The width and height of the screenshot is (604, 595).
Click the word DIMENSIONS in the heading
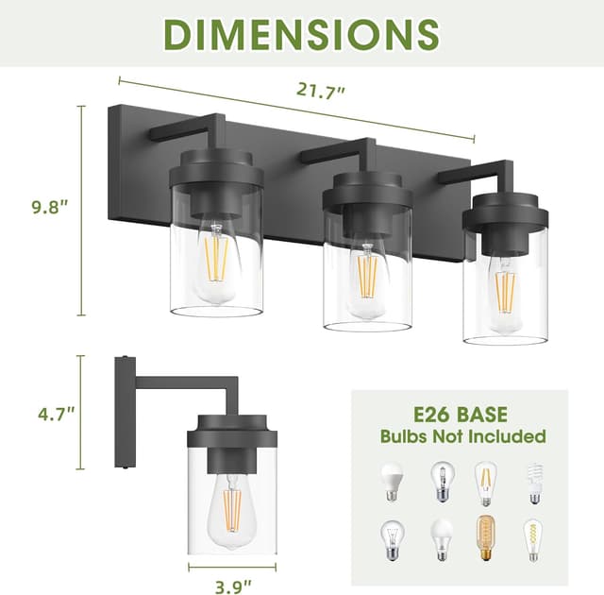point(301,34)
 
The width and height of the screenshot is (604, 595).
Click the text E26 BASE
point(461,413)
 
